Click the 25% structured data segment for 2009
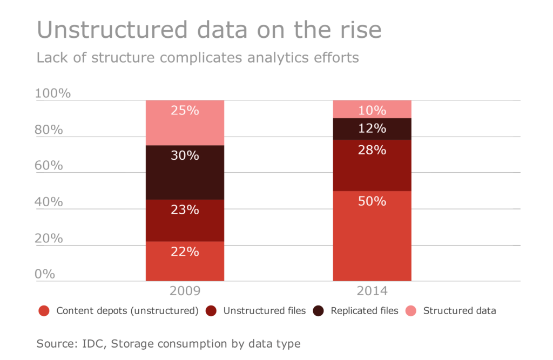(x=185, y=123)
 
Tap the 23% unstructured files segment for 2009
(x=185, y=220)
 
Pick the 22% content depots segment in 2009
(x=185, y=261)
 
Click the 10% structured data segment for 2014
(x=372, y=110)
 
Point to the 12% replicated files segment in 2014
(x=372, y=129)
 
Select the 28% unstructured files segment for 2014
(x=372, y=165)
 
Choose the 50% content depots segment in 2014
(x=372, y=236)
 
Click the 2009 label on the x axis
(x=185, y=291)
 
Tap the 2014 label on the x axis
(x=372, y=291)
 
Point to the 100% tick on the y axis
(x=53, y=93)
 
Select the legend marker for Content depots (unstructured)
(x=44, y=311)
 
